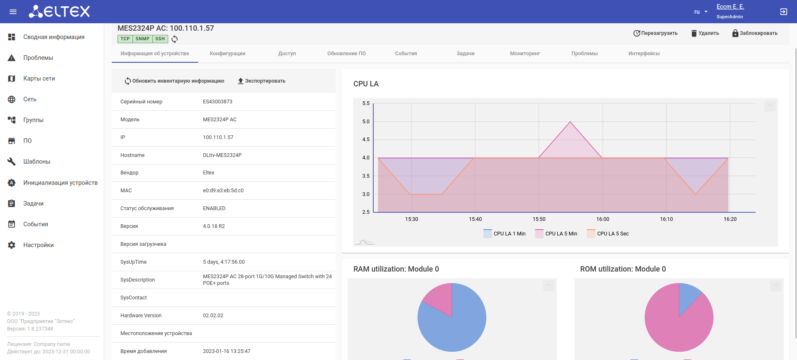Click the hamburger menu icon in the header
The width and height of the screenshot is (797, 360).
[x=13, y=12]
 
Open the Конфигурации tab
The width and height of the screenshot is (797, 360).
[x=228, y=54]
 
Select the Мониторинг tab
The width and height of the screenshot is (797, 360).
[x=525, y=54]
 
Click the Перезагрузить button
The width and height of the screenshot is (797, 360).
[x=655, y=33]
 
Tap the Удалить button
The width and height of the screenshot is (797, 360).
[x=705, y=33]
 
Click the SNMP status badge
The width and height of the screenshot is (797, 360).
[x=142, y=39]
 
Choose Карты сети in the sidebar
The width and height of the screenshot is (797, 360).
[x=39, y=78]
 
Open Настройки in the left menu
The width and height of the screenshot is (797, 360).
[x=38, y=245]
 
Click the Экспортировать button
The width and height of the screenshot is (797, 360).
[x=262, y=81]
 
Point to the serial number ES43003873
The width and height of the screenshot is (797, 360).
[x=218, y=102]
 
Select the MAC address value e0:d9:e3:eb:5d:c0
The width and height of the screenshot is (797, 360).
[x=223, y=191]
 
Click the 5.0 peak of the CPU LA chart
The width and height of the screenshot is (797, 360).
[x=570, y=122]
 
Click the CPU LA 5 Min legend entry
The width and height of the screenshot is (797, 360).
[x=556, y=234]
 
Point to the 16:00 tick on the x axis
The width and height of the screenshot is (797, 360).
[x=603, y=219]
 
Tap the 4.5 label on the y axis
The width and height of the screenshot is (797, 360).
[x=366, y=140]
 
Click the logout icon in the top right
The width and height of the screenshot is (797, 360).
[x=784, y=12]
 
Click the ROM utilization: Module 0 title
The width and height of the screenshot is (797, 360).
[x=623, y=269]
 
